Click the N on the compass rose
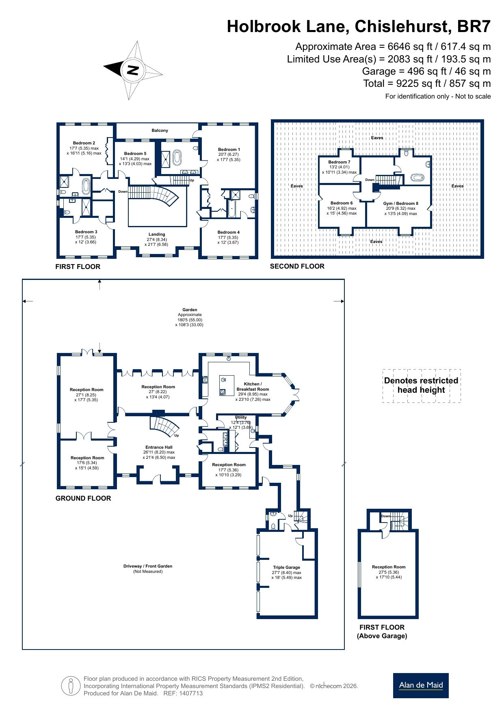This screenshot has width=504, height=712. pyautogui.click(x=132, y=70)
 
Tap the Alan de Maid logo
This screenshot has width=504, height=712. pyautogui.click(x=421, y=685)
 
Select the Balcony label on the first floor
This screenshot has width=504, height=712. pyautogui.click(x=160, y=130)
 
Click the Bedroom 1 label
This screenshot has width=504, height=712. pyautogui.click(x=229, y=149)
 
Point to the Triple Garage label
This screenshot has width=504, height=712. pyautogui.click(x=287, y=567)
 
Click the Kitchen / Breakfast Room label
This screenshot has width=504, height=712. pyautogui.click(x=253, y=386)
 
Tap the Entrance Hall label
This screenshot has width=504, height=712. pyautogui.click(x=159, y=447)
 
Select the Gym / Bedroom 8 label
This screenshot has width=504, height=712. pyautogui.click(x=400, y=203)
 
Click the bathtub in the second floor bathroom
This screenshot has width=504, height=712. pyautogui.click(x=417, y=177)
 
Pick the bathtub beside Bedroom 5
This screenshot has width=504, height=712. pyautogui.click(x=177, y=157)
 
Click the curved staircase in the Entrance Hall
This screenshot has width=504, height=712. pyautogui.click(x=164, y=426)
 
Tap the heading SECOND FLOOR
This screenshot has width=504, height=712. pyautogui.click(x=297, y=266)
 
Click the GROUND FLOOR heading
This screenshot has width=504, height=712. pyautogui.click(x=83, y=498)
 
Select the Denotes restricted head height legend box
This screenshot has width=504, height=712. pyautogui.click(x=422, y=386)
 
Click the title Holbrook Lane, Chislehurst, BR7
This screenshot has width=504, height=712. pyautogui.click(x=359, y=26)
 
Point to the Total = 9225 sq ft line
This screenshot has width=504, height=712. pyautogui.click(x=427, y=84)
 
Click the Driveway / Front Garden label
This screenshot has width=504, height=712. pyautogui.click(x=148, y=566)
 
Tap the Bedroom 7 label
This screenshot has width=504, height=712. pyautogui.click(x=339, y=162)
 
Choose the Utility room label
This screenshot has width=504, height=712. pyautogui.click(x=241, y=417)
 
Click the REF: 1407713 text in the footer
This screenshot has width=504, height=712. pyautogui.click(x=183, y=693)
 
